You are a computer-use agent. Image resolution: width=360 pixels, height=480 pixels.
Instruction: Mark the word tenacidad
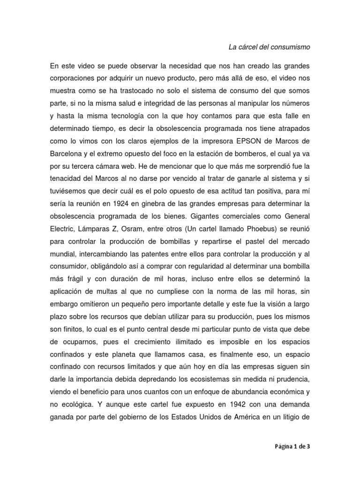(67, 179)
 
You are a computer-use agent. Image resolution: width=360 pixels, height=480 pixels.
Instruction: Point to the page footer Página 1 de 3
(292, 447)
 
